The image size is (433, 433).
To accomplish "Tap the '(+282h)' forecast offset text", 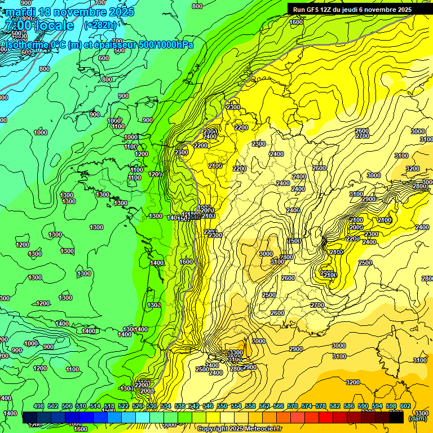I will tap(100, 25).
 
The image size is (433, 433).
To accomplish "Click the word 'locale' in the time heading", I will tap(54, 26).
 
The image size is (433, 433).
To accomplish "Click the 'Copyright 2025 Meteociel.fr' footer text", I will tap(239, 429).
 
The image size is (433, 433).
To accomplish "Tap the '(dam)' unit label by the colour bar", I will tap(417, 418).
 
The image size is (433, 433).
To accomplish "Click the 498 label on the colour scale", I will tap(39, 406).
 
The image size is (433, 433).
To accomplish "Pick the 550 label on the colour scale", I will tap(222, 406).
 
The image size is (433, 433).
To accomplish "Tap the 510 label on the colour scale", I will tap(81, 406).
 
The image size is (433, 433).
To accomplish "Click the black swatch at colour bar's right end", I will tap(396, 418).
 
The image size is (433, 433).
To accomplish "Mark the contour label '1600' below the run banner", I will tap(296, 22).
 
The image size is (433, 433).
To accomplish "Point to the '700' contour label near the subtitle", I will tap(117, 41).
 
